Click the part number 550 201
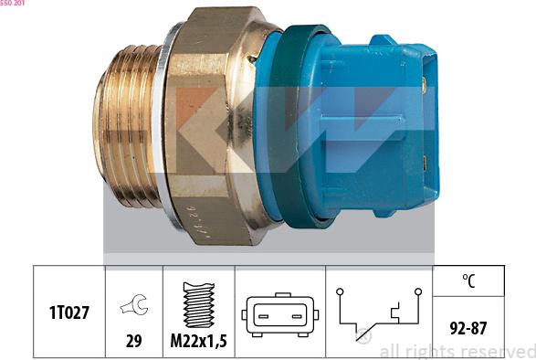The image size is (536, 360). (14, 5)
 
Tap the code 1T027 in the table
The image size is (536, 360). (69, 312)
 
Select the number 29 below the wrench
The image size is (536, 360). (134, 342)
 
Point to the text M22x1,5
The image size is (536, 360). (198, 342)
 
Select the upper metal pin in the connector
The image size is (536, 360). (426, 85)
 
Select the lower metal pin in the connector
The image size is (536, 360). (426, 164)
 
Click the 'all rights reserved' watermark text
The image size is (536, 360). (457, 351)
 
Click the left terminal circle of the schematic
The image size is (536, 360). (339, 292)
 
